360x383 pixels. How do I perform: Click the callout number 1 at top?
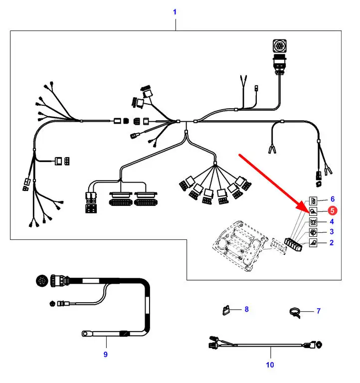click(175, 11)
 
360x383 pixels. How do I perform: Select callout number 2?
click(332, 243)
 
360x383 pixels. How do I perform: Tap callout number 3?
click(332, 232)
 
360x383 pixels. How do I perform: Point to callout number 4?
click(332, 221)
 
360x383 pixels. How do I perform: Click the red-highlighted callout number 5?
click(332, 211)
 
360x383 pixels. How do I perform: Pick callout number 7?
click(318, 311)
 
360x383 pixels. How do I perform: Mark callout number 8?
click(246, 309)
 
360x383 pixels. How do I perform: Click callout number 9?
click(105, 355)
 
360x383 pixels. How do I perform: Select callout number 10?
click(270, 365)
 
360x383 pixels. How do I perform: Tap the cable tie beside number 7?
click(298, 313)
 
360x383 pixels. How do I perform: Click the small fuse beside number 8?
click(226, 310)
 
